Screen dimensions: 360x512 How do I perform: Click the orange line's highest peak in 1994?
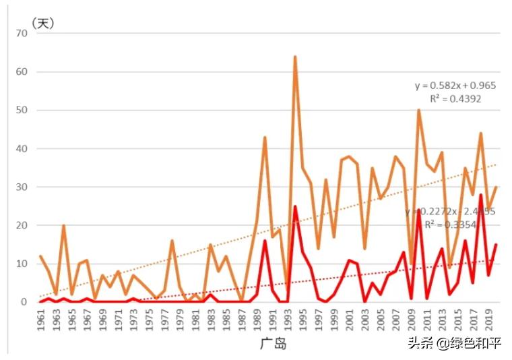(295, 57)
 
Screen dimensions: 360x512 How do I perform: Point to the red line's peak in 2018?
(481, 195)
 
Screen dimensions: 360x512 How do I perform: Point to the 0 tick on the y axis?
(23, 302)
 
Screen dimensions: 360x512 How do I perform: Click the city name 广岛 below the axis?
(273, 344)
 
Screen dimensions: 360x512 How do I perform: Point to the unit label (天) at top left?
(43, 23)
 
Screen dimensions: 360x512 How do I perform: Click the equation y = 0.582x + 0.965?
(455, 86)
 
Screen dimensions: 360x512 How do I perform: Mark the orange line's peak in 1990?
(265, 138)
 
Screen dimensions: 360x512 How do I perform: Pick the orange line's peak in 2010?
(419, 111)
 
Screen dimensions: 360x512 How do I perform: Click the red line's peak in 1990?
(265, 241)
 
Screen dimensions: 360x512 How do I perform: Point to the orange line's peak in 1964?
(64, 226)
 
